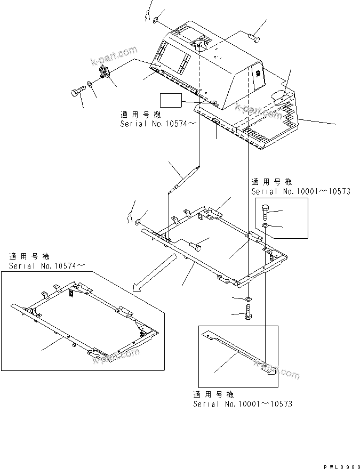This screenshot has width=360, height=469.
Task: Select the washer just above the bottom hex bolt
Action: point(249,299)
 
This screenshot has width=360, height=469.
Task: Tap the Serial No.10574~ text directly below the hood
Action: point(151,124)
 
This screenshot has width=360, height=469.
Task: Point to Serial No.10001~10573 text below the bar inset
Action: point(242,404)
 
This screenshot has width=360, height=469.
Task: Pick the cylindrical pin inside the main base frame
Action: point(196,246)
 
